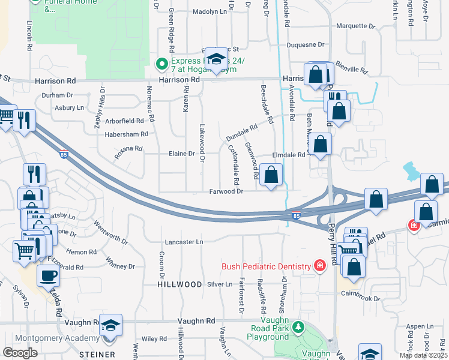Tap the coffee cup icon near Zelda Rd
click(x=48, y=275)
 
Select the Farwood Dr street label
click(x=226, y=191)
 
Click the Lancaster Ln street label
click(x=184, y=242)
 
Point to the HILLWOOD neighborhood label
click(x=180, y=284)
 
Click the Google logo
click(x=20, y=353)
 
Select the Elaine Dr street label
click(x=184, y=154)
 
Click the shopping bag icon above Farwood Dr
click(x=271, y=175)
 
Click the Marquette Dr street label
click(x=355, y=26)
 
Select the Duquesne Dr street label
click(x=306, y=44)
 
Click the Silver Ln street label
click(x=220, y=284)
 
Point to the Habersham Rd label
click(x=126, y=134)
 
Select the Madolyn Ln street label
click(x=210, y=11)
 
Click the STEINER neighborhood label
click(x=97, y=355)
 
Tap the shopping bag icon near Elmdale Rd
click(x=321, y=144)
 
